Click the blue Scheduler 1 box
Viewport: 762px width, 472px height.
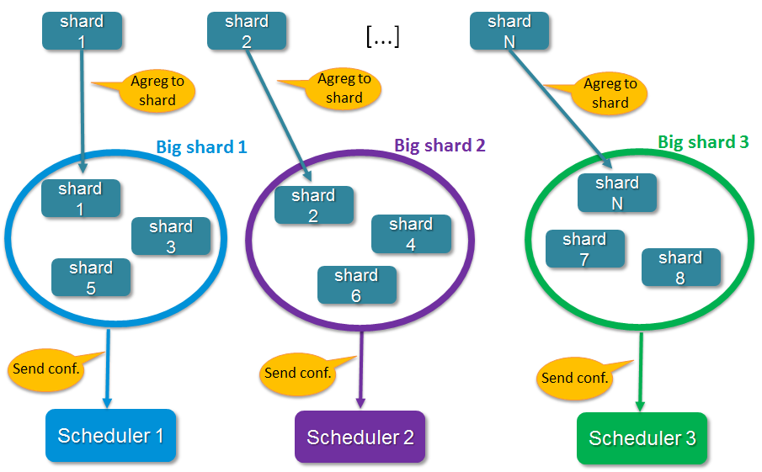[x=110, y=436]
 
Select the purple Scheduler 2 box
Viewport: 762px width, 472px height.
[x=360, y=438]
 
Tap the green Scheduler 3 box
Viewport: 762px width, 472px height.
[x=642, y=438]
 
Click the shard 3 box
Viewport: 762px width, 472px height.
[x=171, y=236]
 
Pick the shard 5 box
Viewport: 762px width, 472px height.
[x=91, y=278]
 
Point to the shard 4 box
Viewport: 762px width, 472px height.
[x=411, y=234]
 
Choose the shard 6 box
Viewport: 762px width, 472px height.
[x=356, y=285]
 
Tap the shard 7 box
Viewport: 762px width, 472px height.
[x=585, y=249]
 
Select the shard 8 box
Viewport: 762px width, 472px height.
[x=681, y=267]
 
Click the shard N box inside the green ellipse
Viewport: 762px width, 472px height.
[x=617, y=193]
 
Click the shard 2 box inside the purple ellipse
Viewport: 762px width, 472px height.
[x=314, y=205]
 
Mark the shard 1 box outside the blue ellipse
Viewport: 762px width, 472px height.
[x=82, y=31]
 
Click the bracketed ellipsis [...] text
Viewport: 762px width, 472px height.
[x=382, y=36]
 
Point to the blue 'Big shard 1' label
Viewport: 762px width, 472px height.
[x=201, y=147]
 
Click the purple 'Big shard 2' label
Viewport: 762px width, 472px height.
[x=440, y=145]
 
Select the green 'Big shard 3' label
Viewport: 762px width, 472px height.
[x=703, y=142]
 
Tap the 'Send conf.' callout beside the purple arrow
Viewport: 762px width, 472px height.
[x=297, y=373]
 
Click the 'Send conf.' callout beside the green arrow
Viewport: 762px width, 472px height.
[x=574, y=378]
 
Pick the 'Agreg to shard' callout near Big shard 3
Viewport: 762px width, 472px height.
[x=610, y=93]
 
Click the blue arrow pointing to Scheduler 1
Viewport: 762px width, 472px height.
[x=107, y=370]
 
